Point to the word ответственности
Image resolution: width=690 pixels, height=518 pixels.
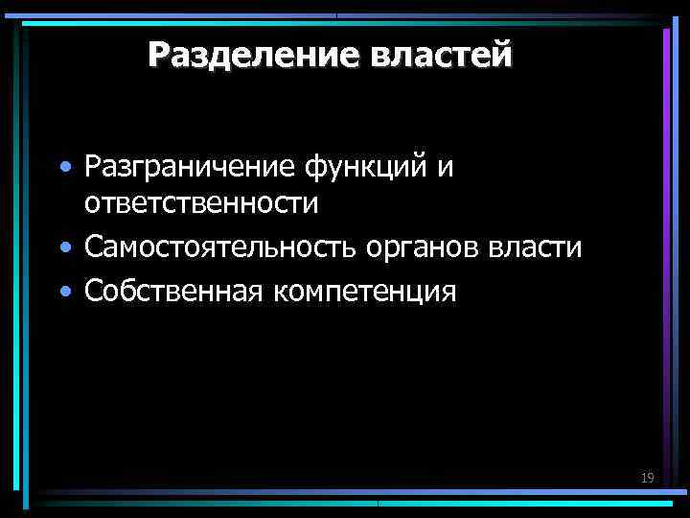click(201, 203)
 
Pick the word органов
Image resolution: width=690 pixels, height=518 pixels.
click(424, 248)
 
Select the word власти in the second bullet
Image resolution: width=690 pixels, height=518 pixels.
click(535, 247)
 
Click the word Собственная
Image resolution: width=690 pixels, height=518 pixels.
click(168, 290)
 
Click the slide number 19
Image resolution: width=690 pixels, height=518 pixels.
click(647, 477)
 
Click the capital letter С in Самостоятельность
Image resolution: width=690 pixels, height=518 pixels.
click(94, 247)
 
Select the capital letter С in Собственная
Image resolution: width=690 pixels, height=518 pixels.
click(94, 290)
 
